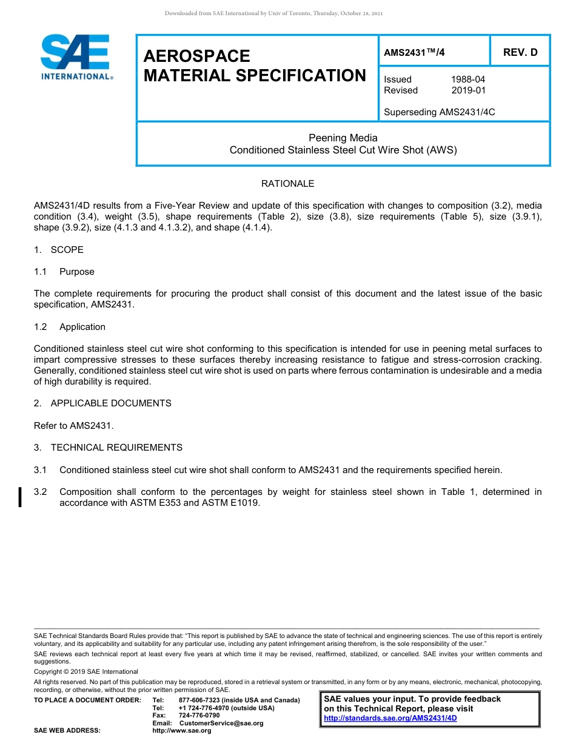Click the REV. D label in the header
click(520, 52)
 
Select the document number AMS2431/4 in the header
click(415, 52)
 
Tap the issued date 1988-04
click(467, 79)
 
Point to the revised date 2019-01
click(468, 90)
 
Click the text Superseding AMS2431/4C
click(439, 112)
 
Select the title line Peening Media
click(343, 138)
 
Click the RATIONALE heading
click(287, 183)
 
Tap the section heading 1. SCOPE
click(59, 250)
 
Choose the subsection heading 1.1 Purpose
click(64, 272)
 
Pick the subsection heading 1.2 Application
click(70, 327)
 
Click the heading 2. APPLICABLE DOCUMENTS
click(102, 403)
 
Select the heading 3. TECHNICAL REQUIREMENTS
click(108, 448)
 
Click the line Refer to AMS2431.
click(74, 426)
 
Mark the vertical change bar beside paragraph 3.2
click(21, 497)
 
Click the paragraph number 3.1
click(41, 470)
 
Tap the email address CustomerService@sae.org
click(221, 723)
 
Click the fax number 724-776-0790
click(199, 716)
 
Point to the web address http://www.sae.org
click(182, 731)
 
